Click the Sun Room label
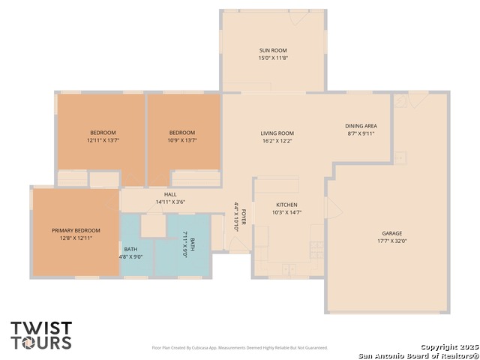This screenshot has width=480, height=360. click(273, 50)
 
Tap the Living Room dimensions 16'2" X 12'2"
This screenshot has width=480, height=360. click(277, 141)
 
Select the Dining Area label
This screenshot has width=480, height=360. click(361, 126)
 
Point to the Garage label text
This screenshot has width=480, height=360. click(391, 233)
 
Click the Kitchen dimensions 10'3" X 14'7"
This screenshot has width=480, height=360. click(286, 212)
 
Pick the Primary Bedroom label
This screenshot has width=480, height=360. click(76, 230)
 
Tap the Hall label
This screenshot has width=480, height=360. click(170, 194)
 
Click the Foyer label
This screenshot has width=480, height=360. click(244, 217)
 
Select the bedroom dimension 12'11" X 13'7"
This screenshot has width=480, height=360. click(103, 140)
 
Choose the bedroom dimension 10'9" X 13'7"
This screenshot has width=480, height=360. click(182, 140)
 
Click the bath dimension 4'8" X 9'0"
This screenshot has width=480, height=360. click(130, 256)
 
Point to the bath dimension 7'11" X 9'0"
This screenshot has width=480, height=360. click(184, 244)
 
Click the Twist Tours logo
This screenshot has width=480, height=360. click(41, 335)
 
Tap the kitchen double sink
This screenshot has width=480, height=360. click(289, 269)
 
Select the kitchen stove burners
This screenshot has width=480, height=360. click(316, 250)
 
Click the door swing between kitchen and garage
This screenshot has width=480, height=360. click(335, 208)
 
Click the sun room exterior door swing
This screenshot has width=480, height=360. click(299, 18)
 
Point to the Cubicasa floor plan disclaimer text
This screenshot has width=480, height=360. click(240, 348)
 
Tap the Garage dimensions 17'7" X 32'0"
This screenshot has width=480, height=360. click(391, 241)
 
